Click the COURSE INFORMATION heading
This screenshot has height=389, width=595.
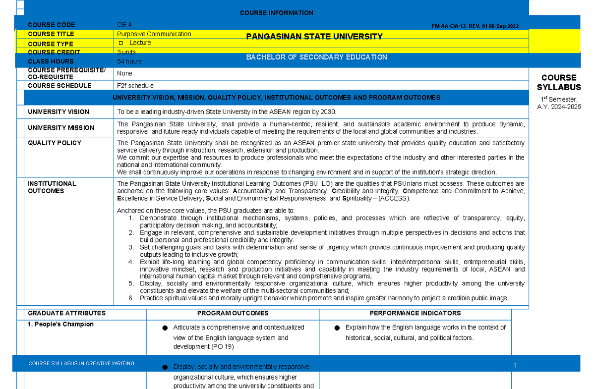[276, 13]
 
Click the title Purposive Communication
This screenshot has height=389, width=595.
[154, 34]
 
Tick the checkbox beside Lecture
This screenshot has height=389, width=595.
[120, 44]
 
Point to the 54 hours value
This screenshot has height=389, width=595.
[129, 61]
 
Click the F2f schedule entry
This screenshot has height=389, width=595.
[135, 86]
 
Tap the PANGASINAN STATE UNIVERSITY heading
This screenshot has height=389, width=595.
[314, 36]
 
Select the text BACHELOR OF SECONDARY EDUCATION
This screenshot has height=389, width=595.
[316, 57]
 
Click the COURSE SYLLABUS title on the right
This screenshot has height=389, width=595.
[559, 82]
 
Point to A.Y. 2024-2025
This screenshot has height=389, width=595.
[559, 107]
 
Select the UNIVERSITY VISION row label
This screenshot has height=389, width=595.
[59, 112]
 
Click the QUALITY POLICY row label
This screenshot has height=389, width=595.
[55, 143]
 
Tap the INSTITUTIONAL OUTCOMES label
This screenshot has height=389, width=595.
[52, 187]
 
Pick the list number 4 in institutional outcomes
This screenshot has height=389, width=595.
[131, 262]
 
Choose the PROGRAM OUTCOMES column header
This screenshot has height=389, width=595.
[233, 313]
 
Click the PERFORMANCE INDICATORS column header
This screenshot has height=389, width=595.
[415, 313]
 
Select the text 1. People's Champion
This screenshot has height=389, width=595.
[60, 324]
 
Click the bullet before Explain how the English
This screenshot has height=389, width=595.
[337, 328]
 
